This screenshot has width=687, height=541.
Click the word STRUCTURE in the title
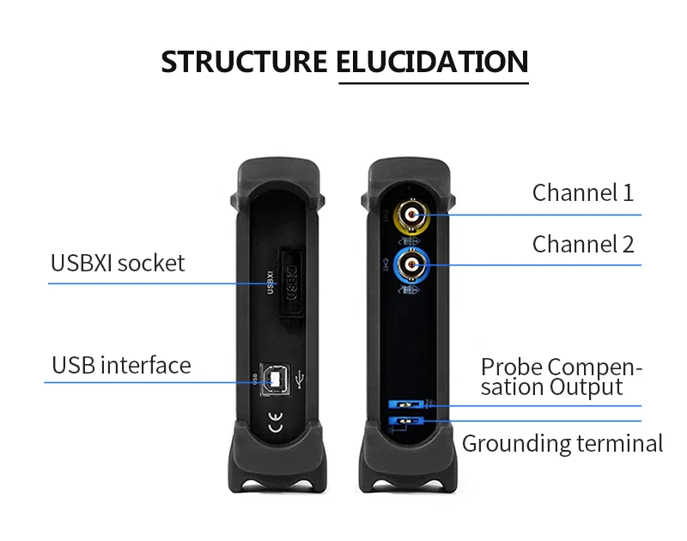pyautogui.click(x=244, y=62)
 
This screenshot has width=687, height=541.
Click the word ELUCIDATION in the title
pyautogui.click(x=432, y=62)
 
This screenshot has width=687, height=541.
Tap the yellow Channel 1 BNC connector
pyautogui.click(x=412, y=215)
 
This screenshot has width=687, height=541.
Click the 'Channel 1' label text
pyautogui.click(x=583, y=192)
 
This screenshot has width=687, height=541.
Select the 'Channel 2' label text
pyautogui.click(x=583, y=244)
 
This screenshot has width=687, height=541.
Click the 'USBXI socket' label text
pyautogui.click(x=118, y=263)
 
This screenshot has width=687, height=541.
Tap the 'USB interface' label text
pyautogui.click(x=121, y=365)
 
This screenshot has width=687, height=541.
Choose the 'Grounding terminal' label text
pyautogui.click(x=562, y=443)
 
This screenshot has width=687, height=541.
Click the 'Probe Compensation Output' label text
pyautogui.click(x=560, y=377)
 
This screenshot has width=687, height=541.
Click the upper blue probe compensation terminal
pyautogui.click(x=403, y=404)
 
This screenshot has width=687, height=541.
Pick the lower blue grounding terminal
pyautogui.click(x=403, y=421)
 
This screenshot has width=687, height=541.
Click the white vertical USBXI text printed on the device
pyautogui.click(x=270, y=283)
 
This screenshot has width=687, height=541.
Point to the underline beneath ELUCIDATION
pyautogui.click(x=433, y=83)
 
